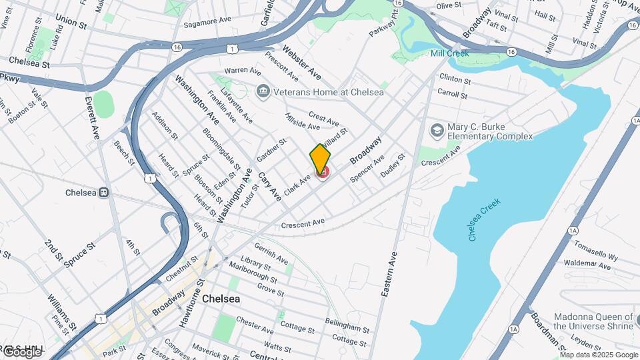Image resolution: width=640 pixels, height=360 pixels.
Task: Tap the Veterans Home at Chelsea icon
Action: pyautogui.click(x=263, y=90)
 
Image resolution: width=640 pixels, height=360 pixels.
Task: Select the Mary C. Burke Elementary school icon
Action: pyautogui.click(x=437, y=129)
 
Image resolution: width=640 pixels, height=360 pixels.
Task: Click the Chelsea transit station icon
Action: pyautogui.click(x=103, y=193)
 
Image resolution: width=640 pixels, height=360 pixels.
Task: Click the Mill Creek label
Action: pyautogui.click(x=449, y=53)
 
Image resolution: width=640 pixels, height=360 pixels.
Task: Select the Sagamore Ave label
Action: pyautogui.click(x=207, y=21)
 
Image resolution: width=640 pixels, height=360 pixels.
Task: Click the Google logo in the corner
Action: pyautogui.click(x=21, y=351)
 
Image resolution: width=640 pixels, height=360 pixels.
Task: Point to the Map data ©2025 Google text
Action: pyautogui.click(x=599, y=355)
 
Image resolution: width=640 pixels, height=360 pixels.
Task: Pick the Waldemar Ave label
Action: pyautogui.click(x=587, y=265)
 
